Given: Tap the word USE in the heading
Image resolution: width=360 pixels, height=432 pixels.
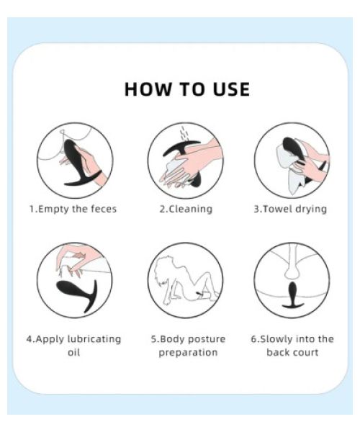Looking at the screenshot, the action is (232, 89).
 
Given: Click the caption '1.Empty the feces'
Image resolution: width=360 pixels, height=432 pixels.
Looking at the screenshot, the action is (73, 209).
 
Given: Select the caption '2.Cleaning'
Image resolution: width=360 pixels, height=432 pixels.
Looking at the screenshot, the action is (186, 209).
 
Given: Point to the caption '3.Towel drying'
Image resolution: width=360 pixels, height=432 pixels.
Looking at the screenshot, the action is (290, 209).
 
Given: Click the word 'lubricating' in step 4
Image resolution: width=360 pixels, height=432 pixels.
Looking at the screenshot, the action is (94, 339).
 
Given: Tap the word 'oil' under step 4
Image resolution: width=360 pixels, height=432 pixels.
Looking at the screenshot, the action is (74, 352).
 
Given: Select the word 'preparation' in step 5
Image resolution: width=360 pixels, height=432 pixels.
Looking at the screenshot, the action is (188, 353).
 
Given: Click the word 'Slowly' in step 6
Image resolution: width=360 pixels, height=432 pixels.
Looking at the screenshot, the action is (276, 339).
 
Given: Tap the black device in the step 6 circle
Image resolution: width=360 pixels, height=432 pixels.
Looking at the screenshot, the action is (293, 295).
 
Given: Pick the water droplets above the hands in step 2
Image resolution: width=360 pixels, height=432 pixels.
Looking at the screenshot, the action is (184, 134).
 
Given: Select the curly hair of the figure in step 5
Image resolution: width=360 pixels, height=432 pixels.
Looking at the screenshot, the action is (165, 271).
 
